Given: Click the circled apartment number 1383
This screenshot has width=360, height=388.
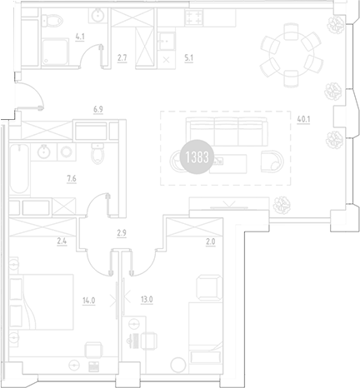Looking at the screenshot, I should pos(195,157).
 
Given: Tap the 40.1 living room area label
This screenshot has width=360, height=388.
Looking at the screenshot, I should pos(304,118).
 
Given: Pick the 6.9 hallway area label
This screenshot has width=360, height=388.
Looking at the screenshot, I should pos(97,108).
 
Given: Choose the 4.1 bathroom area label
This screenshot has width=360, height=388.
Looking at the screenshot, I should pos(80,37).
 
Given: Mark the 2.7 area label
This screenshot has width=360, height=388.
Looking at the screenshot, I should pos(122,58).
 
